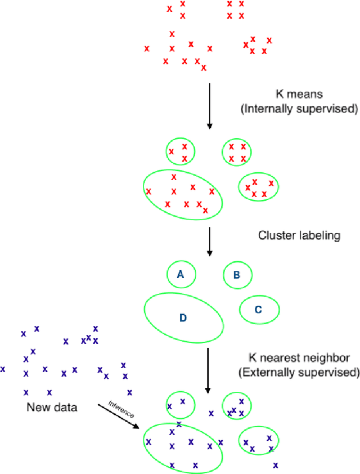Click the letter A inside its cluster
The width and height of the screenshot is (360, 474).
click(181, 275)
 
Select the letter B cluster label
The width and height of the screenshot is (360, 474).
click(237, 275)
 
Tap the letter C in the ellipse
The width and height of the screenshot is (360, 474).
click(258, 309)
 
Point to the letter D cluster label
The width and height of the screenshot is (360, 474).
click(183, 318)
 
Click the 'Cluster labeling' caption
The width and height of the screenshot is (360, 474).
click(299, 236)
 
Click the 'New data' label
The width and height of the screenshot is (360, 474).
click(52, 406)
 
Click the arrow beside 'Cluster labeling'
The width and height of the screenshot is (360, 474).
click(209, 242)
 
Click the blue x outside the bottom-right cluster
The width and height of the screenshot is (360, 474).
click(276, 465)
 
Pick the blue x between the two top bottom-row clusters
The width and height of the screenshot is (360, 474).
click(211, 413)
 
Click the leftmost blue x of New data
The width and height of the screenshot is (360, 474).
click(3, 369)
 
